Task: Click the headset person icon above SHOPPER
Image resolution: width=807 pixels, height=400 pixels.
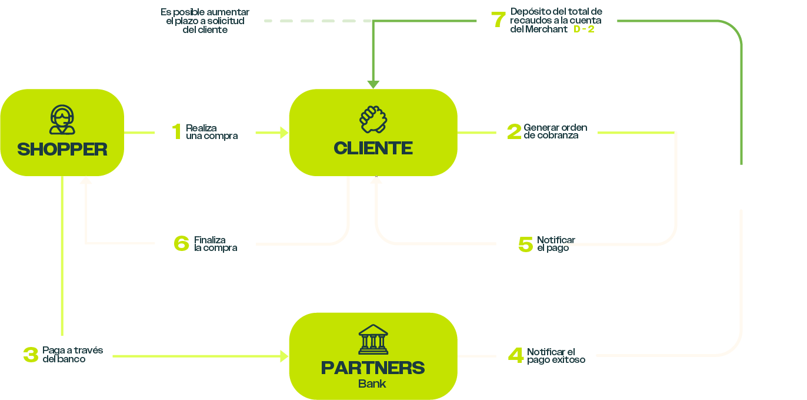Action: click(62, 120)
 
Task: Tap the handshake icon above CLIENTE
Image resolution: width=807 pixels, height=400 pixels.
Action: click(374, 119)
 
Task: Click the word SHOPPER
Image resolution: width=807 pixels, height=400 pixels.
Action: click(62, 149)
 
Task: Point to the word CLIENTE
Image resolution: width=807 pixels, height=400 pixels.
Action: click(373, 148)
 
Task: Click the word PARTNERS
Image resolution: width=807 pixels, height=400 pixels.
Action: click(373, 368)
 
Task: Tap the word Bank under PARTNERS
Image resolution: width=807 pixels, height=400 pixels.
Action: click(372, 384)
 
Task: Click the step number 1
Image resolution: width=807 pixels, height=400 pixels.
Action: click(176, 132)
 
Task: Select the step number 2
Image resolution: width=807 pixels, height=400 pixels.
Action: click(514, 132)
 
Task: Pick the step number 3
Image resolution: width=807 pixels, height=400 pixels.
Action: click(31, 355)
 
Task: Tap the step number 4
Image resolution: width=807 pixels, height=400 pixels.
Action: click(516, 355)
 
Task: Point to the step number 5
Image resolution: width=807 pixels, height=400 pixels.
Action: click(525, 244)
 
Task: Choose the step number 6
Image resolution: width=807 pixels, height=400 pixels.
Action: click(182, 243)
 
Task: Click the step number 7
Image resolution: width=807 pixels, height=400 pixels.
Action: click(498, 20)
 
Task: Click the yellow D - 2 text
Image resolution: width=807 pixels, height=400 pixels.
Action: click(583, 29)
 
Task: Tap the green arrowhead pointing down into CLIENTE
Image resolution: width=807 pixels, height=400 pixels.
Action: click(373, 84)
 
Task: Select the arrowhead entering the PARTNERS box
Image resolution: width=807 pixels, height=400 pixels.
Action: click(285, 356)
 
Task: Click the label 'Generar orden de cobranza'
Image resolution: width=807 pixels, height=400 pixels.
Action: click(555, 131)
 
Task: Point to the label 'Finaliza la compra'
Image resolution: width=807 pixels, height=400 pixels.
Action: click(216, 244)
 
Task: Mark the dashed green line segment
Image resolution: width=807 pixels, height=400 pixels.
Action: click(312, 21)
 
